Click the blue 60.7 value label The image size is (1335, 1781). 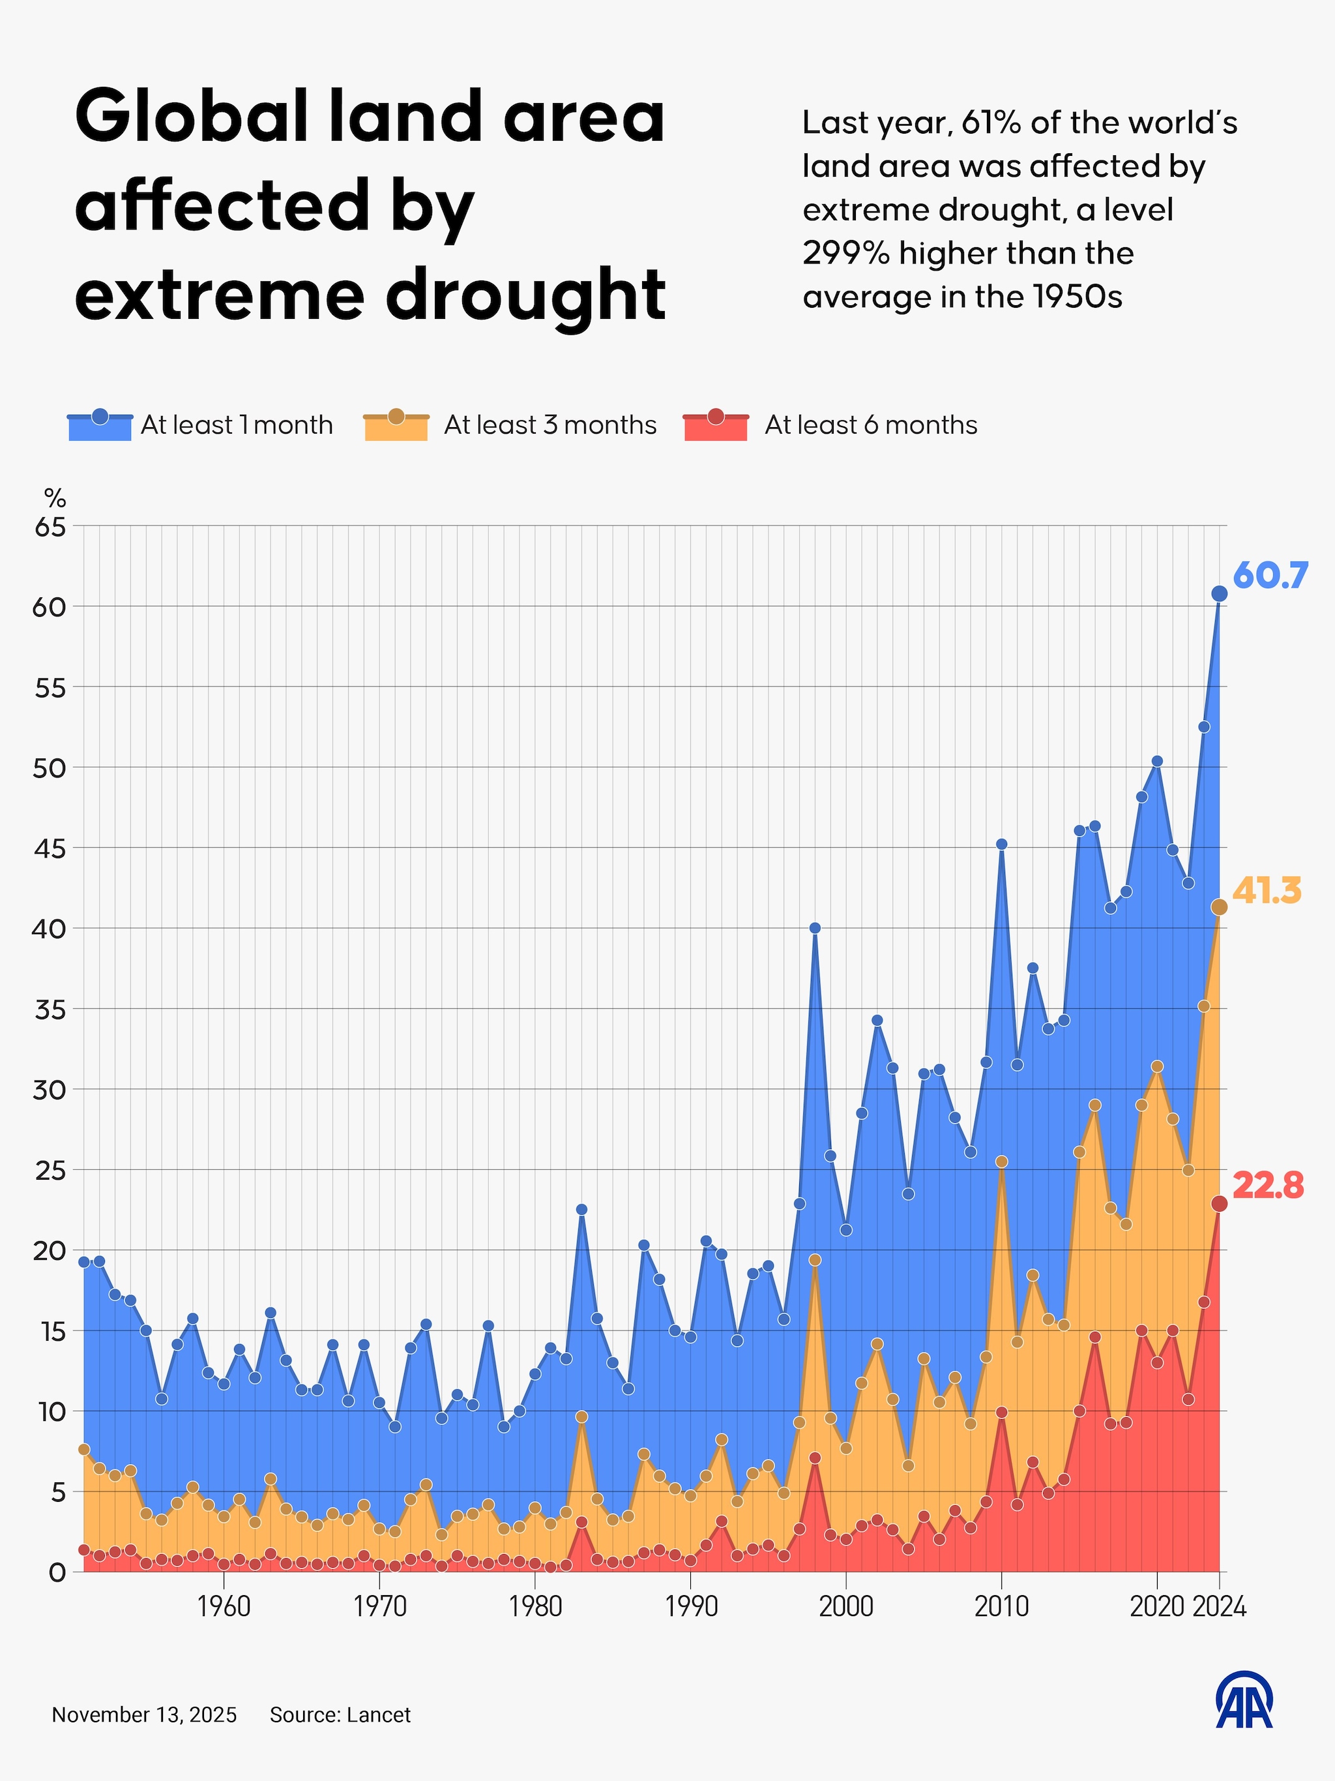1270,576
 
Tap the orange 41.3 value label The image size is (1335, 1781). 1267,891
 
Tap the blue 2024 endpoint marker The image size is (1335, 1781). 1219,593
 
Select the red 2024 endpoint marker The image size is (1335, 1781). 1219,1204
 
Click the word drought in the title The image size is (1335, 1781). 525,295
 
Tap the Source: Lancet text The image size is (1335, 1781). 340,1715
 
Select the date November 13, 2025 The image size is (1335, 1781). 144,1715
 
